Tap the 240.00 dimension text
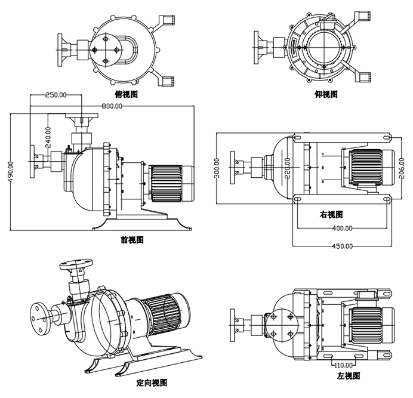tap(47, 137)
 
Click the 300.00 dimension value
tap(217, 168)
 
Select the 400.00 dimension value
tap(341, 228)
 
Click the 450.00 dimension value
tap(341, 245)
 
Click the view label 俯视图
tap(127, 94)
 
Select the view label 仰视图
tap(326, 94)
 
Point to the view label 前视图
tap(131, 240)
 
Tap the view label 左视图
tap(347, 376)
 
